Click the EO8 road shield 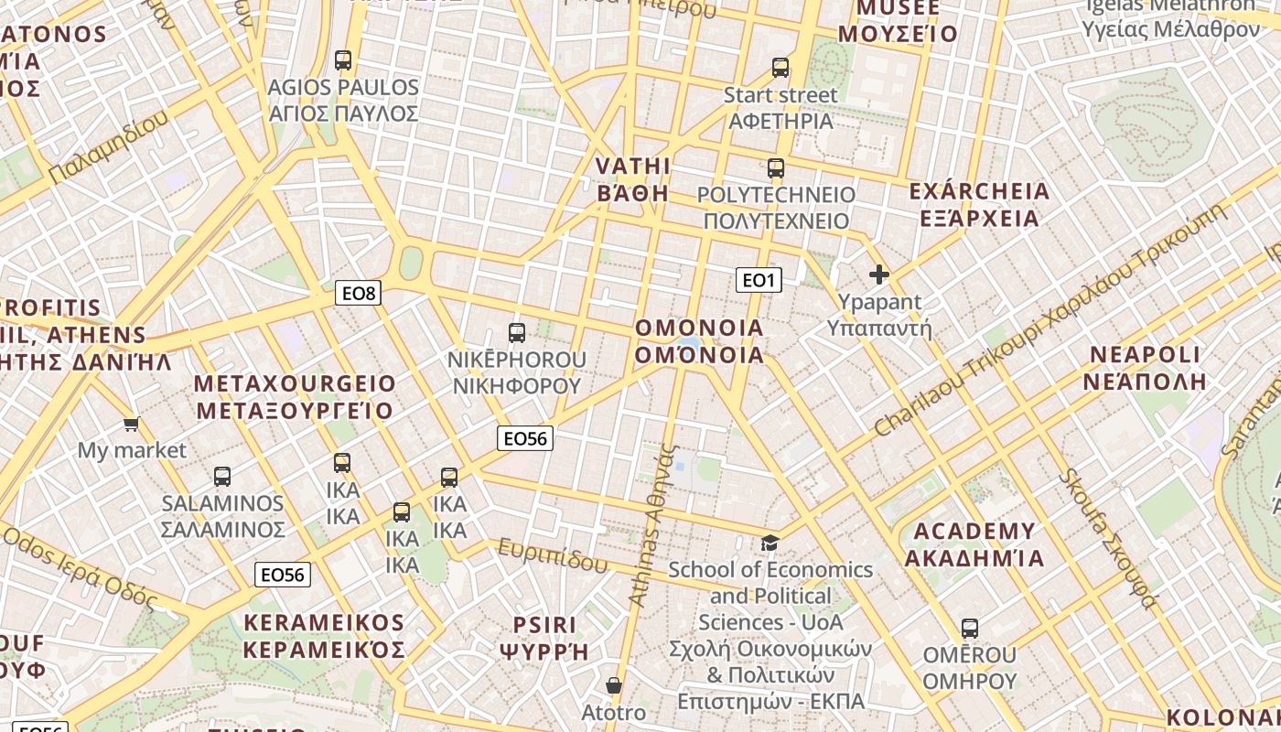[x=358, y=293]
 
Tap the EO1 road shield [x=759, y=280]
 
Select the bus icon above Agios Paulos [x=343, y=60]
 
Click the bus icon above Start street [x=780, y=67]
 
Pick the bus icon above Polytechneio [x=776, y=168]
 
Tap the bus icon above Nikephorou [x=517, y=333]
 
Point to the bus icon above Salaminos [x=222, y=476]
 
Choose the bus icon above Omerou [x=970, y=629]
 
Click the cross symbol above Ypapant [x=879, y=274]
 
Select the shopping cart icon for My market [x=131, y=424]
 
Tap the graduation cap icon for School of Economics [x=770, y=544]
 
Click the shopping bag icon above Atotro [x=614, y=685]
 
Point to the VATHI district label [x=633, y=179]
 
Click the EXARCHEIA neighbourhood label [x=979, y=204]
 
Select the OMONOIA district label [x=699, y=341]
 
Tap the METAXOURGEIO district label [x=295, y=396]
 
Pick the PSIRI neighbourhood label [x=544, y=638]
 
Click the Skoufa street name [x=1108, y=539]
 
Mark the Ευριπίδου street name [x=553, y=554]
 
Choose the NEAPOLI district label [x=1145, y=368]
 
